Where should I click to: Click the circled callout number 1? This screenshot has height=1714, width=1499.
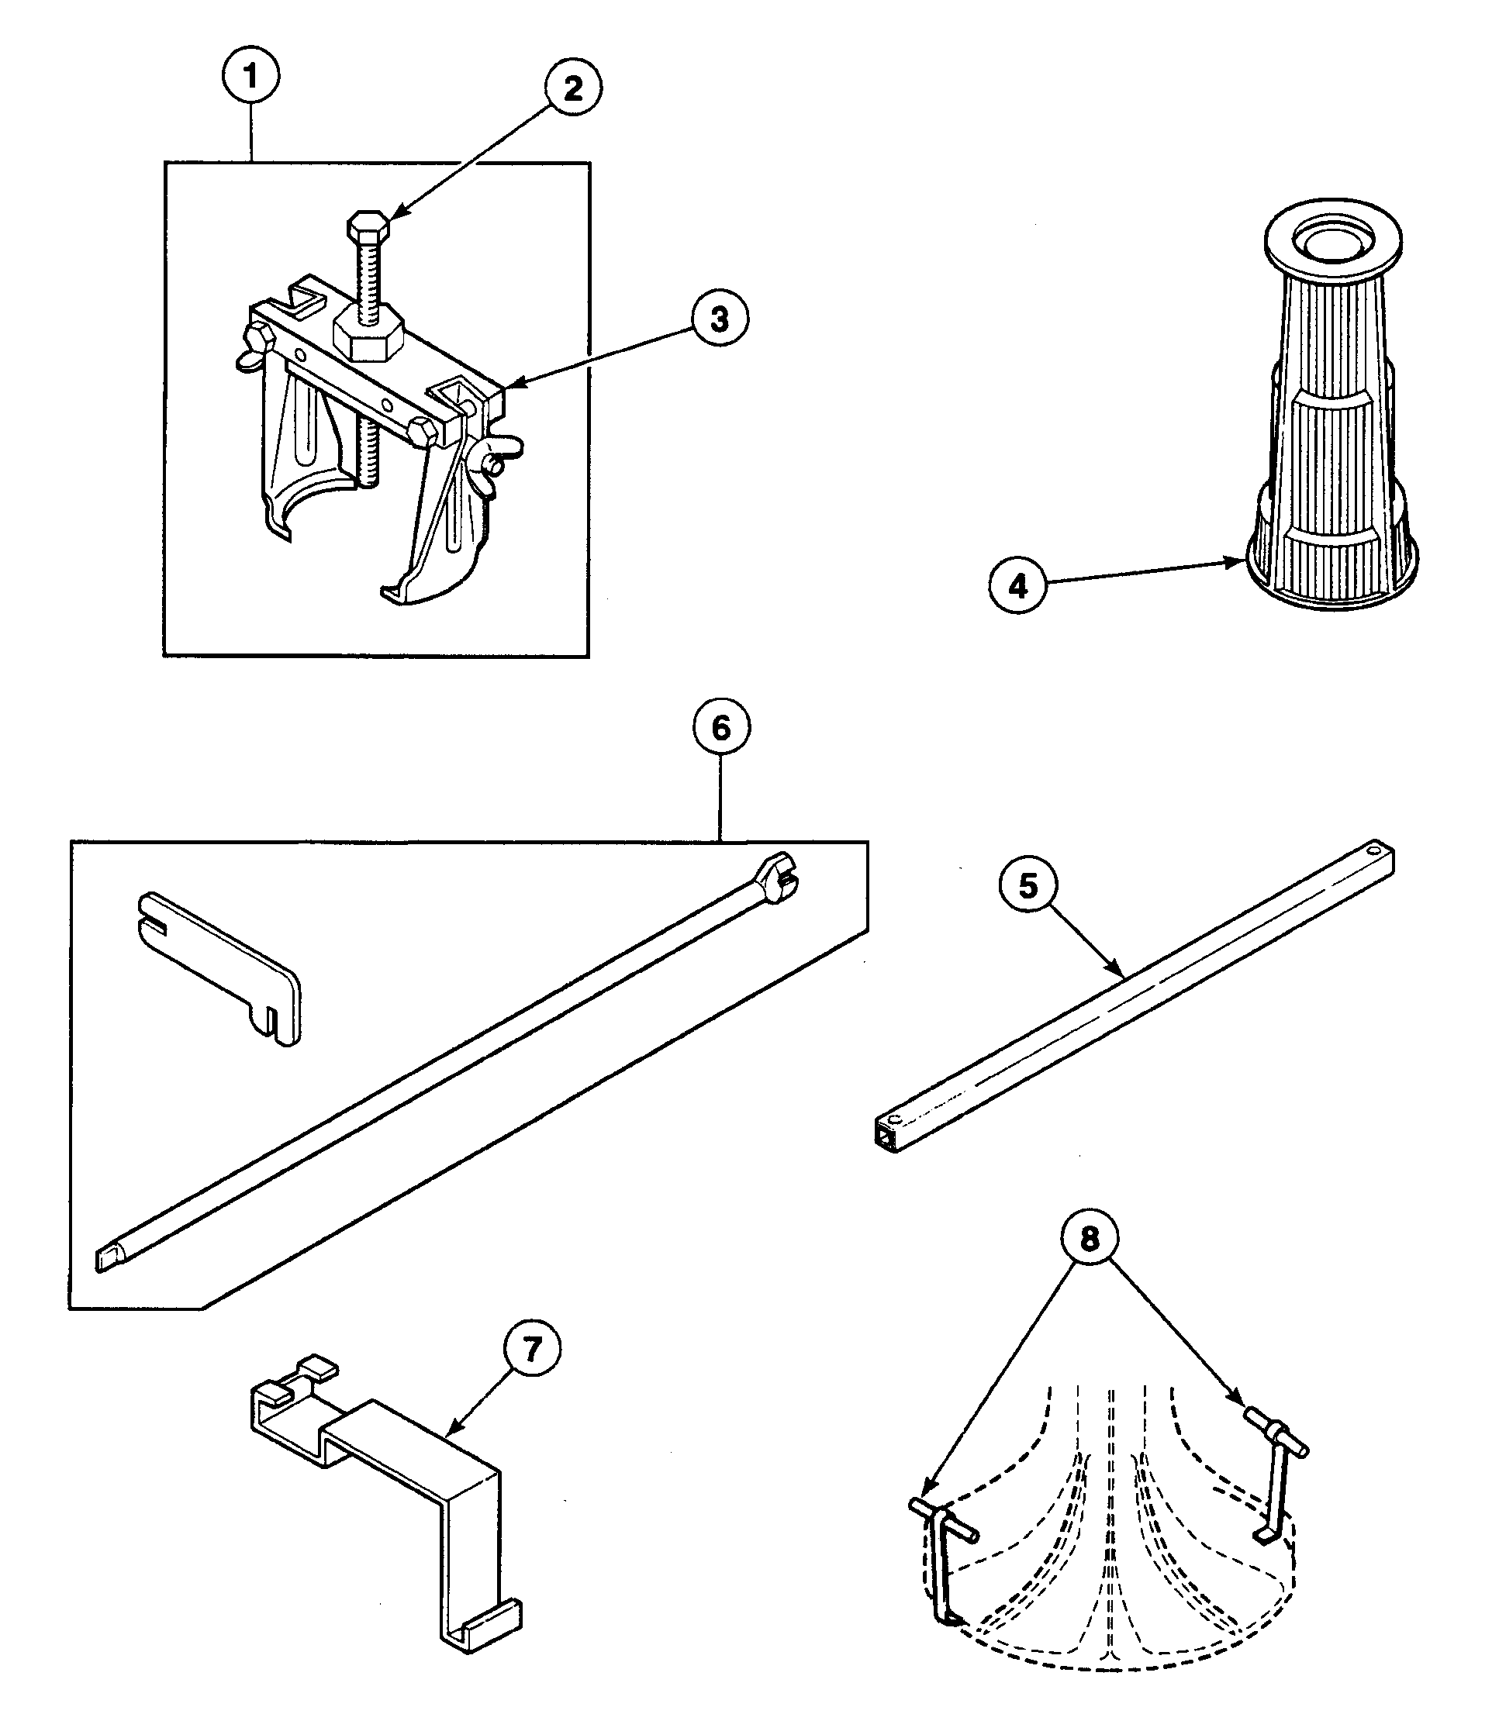click(x=250, y=76)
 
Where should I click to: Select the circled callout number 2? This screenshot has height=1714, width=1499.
click(x=573, y=88)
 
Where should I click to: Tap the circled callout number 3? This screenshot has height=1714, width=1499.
click(x=720, y=319)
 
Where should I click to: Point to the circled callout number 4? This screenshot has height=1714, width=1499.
click(x=1017, y=586)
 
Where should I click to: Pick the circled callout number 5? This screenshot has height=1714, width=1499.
click(x=1028, y=885)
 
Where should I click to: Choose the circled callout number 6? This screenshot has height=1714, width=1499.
click(x=721, y=728)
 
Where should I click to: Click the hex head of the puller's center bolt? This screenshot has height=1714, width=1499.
click(x=366, y=225)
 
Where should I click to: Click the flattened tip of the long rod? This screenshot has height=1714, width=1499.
click(x=108, y=1257)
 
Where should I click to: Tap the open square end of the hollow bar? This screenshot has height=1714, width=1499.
click(x=885, y=1136)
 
